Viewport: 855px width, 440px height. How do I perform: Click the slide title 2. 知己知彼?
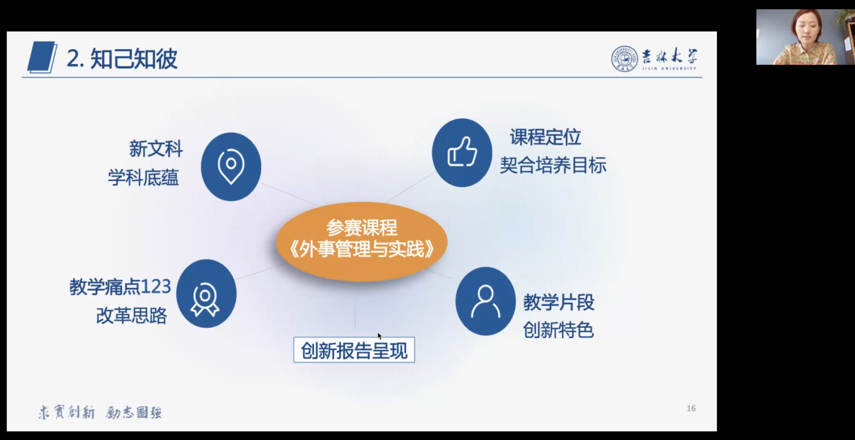122,59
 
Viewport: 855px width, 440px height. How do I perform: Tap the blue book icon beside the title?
42,57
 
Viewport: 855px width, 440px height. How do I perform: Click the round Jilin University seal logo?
624,59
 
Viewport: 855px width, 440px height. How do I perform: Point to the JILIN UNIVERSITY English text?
669,68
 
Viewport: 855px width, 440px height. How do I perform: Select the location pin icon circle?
231,167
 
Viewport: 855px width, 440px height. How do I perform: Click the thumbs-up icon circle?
462,153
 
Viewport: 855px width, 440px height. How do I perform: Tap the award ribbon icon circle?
206,293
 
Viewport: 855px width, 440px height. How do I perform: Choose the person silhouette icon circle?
485,301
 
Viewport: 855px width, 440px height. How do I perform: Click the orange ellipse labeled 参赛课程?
362,242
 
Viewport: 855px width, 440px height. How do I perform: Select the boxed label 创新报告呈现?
354,350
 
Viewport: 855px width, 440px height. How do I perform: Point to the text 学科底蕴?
143,177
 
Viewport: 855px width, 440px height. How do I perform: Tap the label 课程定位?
545,137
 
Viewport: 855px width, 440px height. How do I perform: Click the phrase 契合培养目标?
553,165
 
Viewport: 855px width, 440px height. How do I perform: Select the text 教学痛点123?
120,287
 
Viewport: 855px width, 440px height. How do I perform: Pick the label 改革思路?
131,315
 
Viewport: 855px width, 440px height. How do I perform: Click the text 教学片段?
558,302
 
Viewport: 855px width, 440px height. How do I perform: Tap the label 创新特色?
558,330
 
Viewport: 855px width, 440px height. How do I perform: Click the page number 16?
691,409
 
